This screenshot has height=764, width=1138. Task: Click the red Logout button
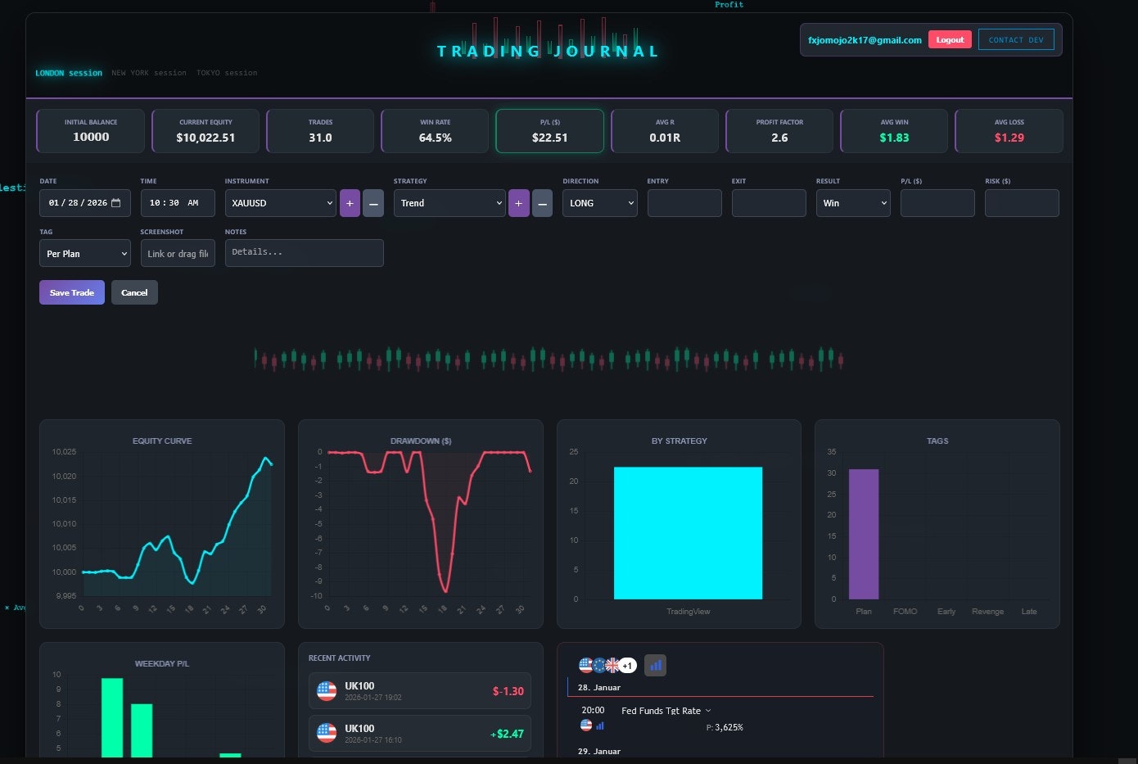950,40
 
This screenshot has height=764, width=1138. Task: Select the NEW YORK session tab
149,73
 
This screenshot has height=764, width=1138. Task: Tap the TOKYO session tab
227,73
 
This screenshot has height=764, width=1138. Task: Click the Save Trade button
72,292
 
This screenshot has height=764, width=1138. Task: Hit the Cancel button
134,292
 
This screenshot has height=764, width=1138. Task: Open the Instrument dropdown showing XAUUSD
281,203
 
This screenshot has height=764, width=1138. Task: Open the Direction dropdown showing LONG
599,203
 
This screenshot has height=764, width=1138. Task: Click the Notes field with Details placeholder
304,253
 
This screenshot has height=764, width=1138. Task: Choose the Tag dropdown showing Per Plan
85,254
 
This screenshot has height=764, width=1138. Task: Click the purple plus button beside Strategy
518,203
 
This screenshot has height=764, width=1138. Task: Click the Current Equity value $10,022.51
205,138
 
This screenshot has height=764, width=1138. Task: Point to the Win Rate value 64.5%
436,138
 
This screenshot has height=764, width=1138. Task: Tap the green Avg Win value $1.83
894,138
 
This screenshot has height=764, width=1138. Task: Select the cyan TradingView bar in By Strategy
688,532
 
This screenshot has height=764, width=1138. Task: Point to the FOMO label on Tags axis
905,612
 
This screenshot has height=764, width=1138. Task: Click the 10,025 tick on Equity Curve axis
64,452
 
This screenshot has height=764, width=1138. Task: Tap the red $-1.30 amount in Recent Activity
508,691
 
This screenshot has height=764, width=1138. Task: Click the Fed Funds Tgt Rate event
661,711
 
